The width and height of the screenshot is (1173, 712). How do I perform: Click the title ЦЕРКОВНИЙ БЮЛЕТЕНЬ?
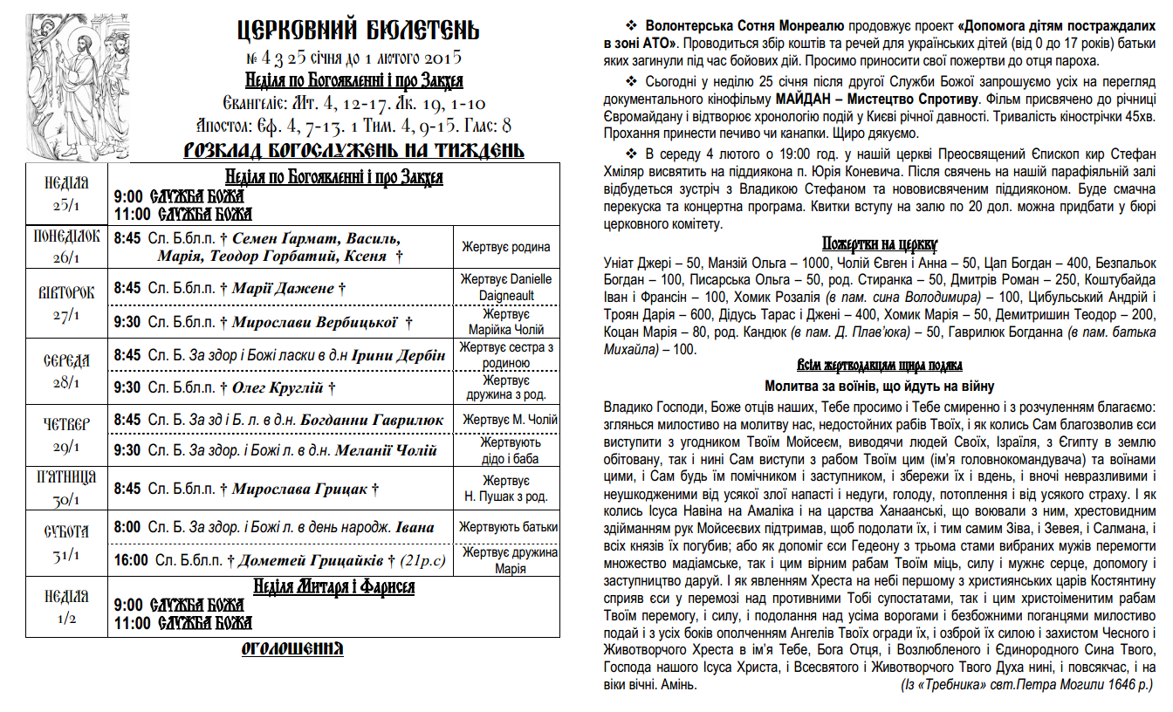358,31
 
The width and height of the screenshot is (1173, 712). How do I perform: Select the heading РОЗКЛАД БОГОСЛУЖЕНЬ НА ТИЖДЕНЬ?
353,150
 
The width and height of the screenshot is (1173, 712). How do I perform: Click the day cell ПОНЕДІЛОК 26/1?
67,246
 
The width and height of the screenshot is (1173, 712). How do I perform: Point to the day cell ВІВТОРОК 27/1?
67,303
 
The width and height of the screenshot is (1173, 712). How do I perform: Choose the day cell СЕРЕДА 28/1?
67,371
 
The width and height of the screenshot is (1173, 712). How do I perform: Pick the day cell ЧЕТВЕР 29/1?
67,435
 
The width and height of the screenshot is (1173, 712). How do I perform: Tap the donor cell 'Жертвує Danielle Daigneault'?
506,287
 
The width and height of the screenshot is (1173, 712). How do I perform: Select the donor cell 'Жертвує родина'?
506,247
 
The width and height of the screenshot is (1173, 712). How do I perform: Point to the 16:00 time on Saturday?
131,560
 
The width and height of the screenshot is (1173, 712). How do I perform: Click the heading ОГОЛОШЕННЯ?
292,648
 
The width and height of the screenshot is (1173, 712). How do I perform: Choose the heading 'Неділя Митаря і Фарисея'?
333,586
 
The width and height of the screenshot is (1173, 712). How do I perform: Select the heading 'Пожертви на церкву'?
880,243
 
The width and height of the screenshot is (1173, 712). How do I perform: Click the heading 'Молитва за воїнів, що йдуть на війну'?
880,386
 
